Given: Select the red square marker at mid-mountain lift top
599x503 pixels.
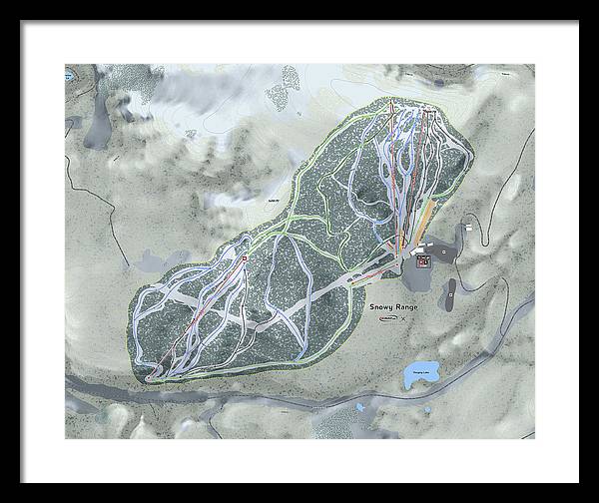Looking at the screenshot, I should pos(243,259).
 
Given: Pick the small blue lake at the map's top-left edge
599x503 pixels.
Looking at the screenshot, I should pos(71,73).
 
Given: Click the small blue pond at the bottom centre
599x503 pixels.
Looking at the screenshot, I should pos(360,407).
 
